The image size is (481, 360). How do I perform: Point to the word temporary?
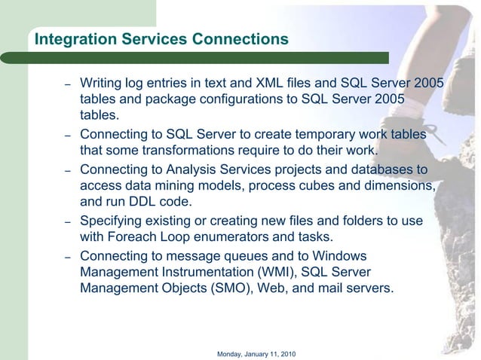click(293, 134)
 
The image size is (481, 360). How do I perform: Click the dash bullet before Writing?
click(67, 84)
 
